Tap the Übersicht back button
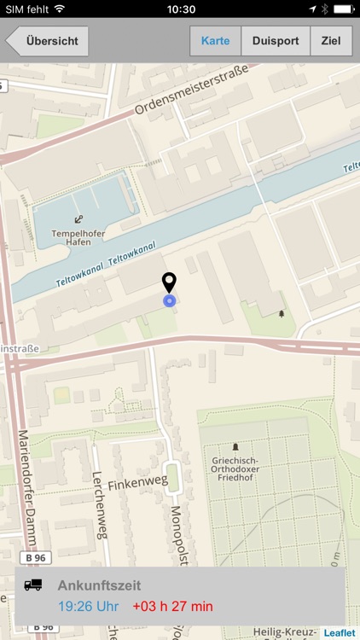(x=49, y=41)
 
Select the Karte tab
(x=215, y=41)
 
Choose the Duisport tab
(x=276, y=41)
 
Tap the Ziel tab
(x=331, y=41)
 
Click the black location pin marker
(x=169, y=282)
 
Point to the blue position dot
(x=169, y=300)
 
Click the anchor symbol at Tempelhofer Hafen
(x=78, y=219)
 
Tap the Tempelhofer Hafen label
(x=78, y=236)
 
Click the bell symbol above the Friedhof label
(x=235, y=447)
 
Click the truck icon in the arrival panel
(x=33, y=585)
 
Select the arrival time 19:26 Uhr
(x=89, y=607)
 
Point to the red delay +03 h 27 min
(x=172, y=607)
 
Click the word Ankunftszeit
(x=99, y=585)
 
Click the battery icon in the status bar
(x=344, y=9)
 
